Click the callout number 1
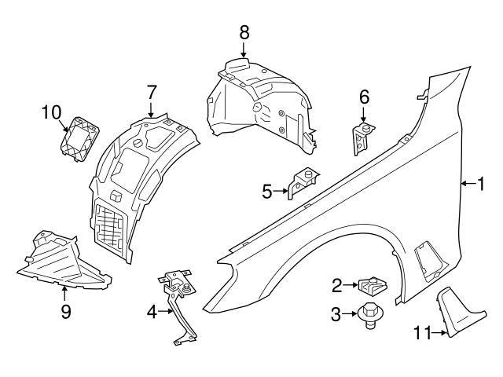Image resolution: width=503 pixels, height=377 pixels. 482,184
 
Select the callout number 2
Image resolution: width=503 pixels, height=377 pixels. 336,284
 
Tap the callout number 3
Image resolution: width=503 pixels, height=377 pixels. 336,316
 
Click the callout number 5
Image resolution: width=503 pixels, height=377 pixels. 267,190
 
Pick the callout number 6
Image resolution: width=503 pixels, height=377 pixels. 364,97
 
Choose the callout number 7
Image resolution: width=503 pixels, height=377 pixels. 152,92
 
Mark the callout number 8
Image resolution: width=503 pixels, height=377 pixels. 244,32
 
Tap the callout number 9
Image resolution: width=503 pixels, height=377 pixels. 66,312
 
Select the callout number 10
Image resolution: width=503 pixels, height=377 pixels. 51,112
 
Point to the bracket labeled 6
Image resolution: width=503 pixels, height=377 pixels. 362,138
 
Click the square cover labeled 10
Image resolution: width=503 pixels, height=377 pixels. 79,139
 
